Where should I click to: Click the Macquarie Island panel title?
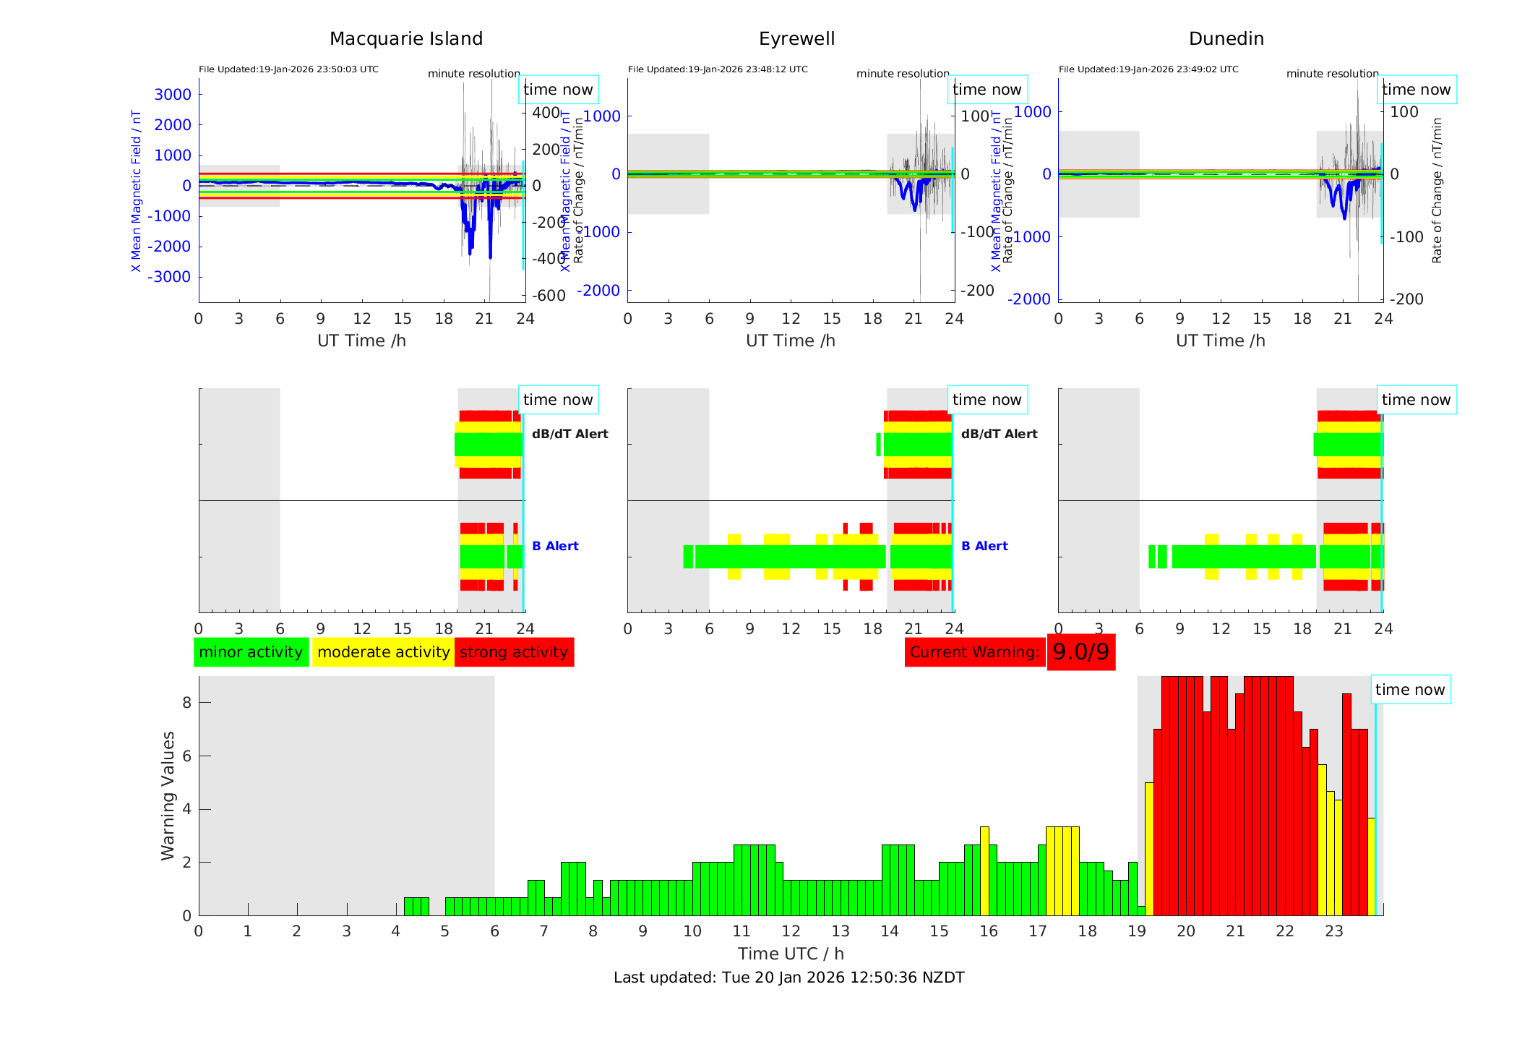(405, 39)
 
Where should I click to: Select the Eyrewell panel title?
(796, 39)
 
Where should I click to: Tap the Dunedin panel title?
(1226, 39)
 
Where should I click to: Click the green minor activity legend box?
(251, 652)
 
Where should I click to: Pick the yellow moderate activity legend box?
(383, 652)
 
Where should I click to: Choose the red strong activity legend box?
(514, 652)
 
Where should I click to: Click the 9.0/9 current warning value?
(1080, 652)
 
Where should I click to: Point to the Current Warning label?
(974, 652)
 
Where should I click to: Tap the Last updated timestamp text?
(788, 978)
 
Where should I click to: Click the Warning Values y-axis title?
(168, 795)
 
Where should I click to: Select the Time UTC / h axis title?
(791, 954)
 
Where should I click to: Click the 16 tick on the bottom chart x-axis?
(988, 931)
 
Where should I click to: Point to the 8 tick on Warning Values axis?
(186, 703)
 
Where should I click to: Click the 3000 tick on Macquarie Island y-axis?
(173, 95)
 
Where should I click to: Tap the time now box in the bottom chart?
(1409, 690)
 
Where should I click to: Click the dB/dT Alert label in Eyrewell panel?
(999, 434)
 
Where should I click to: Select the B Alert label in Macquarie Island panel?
(555, 546)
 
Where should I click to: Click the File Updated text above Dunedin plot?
(1148, 69)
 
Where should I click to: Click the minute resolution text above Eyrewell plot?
(903, 74)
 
